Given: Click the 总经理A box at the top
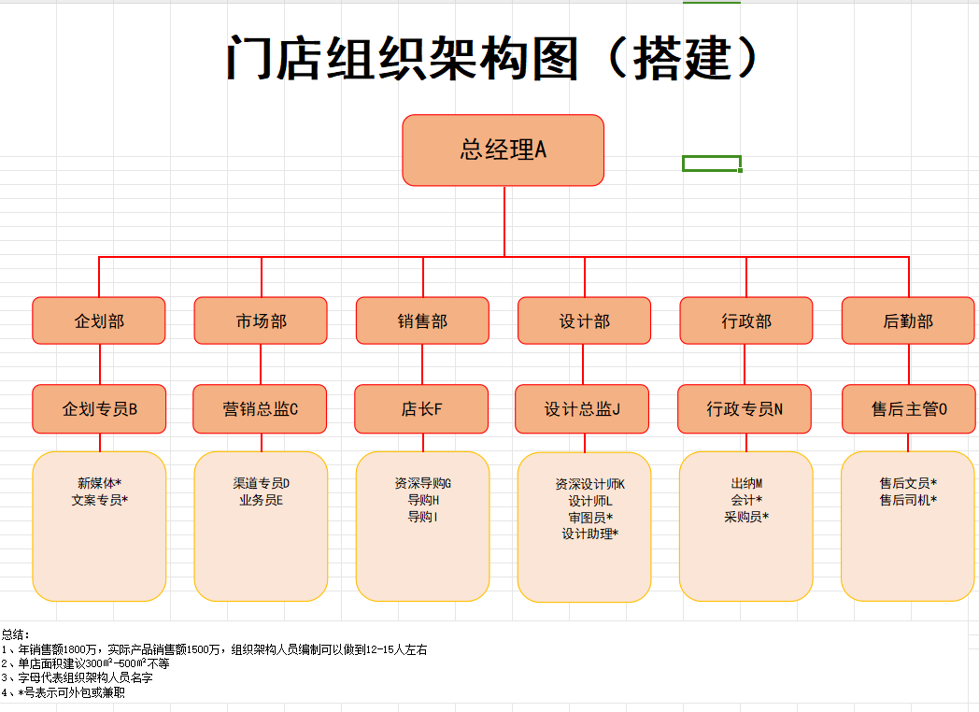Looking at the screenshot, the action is click(504, 150).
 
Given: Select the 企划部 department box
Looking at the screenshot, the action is click(99, 320).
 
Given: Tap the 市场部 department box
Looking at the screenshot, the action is click(261, 320).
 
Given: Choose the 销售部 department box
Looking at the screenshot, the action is click(422, 320).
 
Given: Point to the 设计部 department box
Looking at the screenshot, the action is click(585, 320).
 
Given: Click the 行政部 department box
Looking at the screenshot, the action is click(746, 320).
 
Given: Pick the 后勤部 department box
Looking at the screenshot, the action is click(908, 320).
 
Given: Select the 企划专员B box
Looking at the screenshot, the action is click(99, 409).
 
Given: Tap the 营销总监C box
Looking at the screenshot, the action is click(260, 409).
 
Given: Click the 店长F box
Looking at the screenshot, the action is click(421, 409).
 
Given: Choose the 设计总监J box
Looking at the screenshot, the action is click(582, 409).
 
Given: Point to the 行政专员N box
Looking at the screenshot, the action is click(745, 409).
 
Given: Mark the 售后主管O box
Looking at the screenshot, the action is click(909, 409).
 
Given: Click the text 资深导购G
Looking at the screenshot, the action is click(422, 483).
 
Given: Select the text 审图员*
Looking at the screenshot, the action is click(590, 518).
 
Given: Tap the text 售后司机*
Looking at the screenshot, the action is click(908, 500).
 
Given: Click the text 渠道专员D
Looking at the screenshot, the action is click(261, 483).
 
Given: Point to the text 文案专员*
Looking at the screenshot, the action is click(99, 500).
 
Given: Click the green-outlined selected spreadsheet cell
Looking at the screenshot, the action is click(712, 164).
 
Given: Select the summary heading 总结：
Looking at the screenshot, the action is click(16, 635).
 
